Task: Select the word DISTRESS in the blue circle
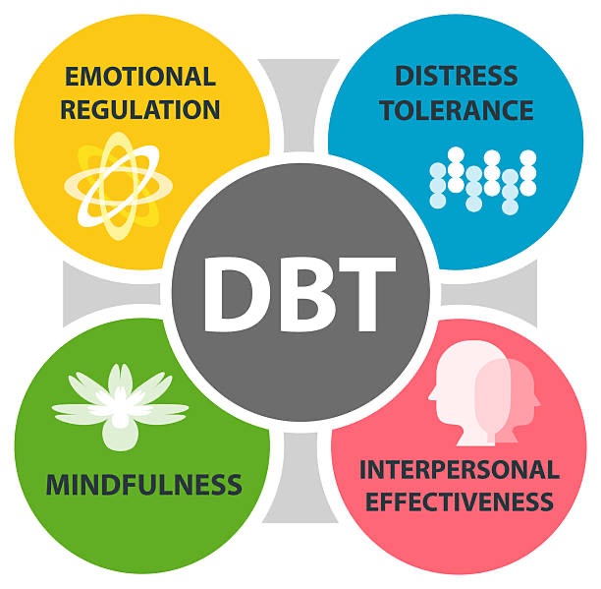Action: pos(457,75)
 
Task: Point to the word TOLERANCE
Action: pos(457,108)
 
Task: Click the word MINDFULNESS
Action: pos(143,485)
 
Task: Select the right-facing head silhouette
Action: pos(511,393)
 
